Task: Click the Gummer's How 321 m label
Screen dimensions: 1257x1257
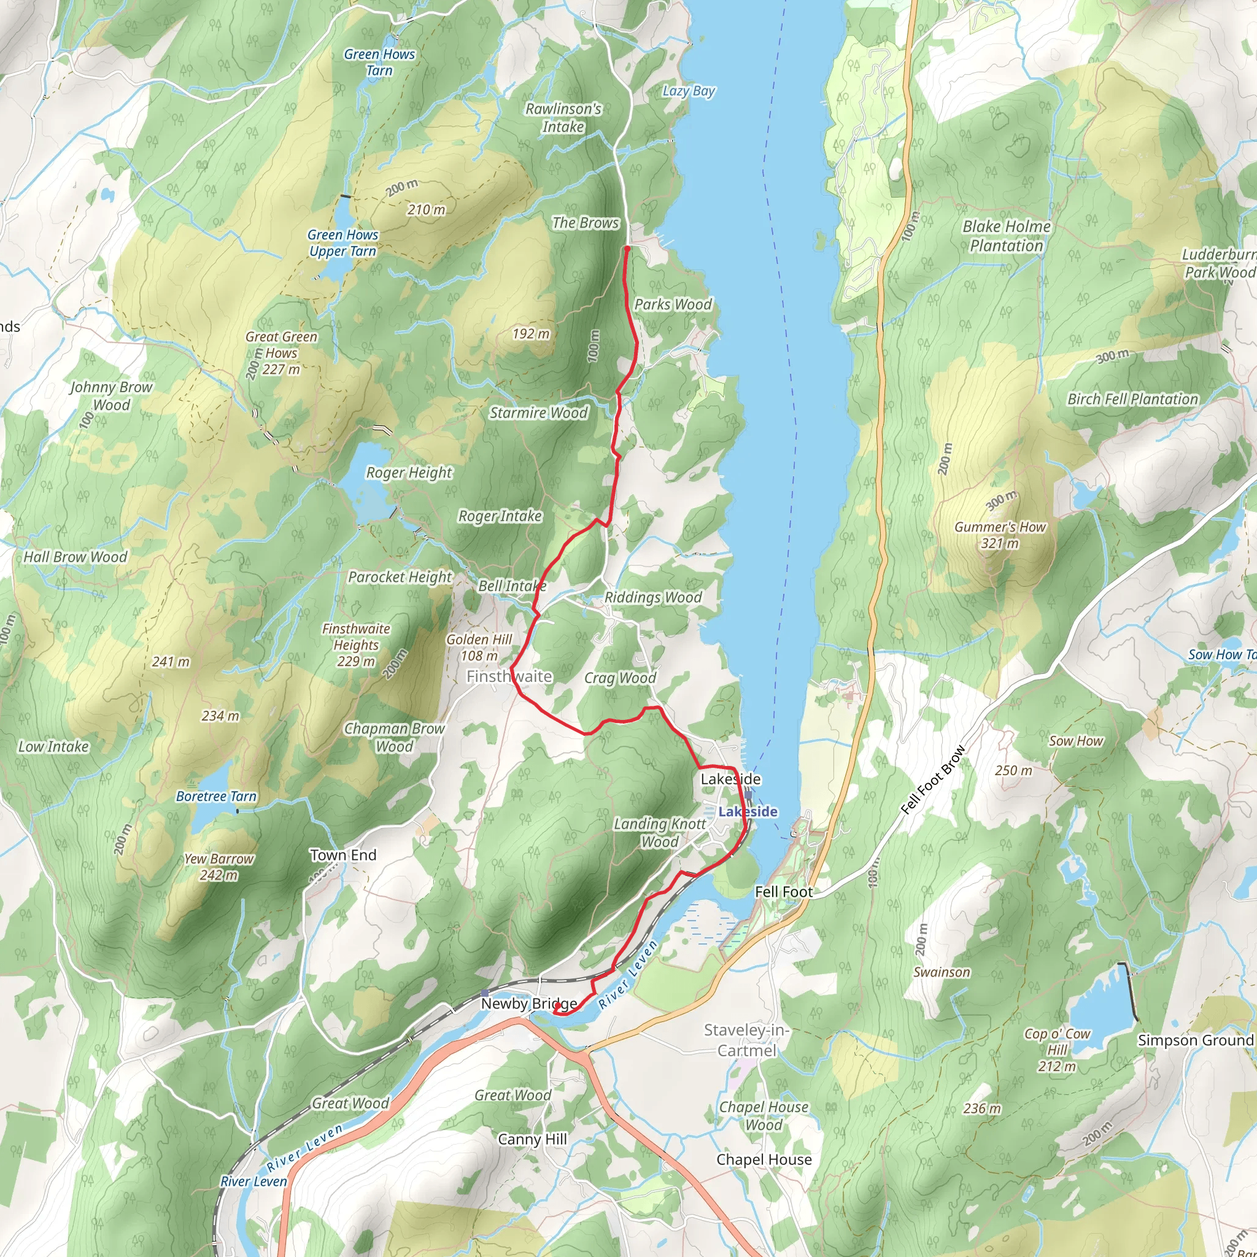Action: (x=1000, y=535)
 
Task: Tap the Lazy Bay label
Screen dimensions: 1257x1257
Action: (x=689, y=91)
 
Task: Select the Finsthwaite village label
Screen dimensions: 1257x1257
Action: (x=509, y=676)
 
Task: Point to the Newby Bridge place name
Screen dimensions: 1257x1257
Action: (x=528, y=1004)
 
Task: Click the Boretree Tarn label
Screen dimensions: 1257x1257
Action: (x=216, y=796)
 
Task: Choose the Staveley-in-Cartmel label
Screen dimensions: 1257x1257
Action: (x=746, y=1040)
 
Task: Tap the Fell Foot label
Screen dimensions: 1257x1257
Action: (x=783, y=892)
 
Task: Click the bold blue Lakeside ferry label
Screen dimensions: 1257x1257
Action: (x=748, y=811)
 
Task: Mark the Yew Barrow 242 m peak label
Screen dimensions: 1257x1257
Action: (x=219, y=867)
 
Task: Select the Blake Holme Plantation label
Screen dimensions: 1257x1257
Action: (x=1006, y=236)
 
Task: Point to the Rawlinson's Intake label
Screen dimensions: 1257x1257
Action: (x=563, y=118)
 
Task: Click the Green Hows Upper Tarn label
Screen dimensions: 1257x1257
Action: (x=342, y=242)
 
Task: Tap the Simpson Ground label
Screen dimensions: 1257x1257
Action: (x=1194, y=1040)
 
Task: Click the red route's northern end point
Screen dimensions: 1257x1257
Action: (x=627, y=249)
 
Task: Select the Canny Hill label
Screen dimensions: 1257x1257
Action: (x=532, y=1139)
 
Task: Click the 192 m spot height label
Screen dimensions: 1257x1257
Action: (x=530, y=334)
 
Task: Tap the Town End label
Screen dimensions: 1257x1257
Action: (x=343, y=855)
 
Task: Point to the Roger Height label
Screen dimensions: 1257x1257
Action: (x=409, y=473)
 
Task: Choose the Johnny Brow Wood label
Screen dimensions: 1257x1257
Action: (x=111, y=396)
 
